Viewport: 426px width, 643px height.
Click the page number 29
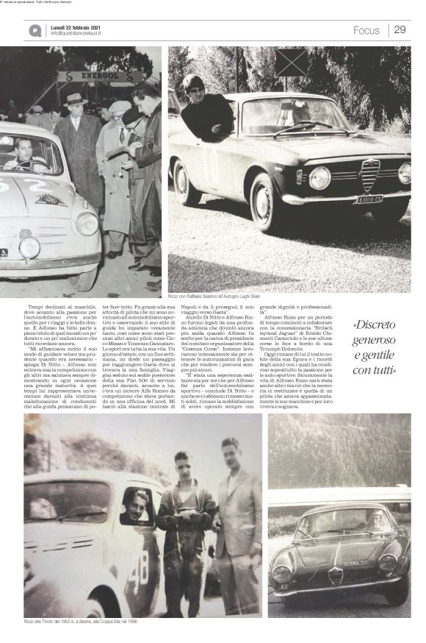pyautogui.click(x=400, y=29)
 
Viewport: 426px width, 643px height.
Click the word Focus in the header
pyautogui.click(x=366, y=30)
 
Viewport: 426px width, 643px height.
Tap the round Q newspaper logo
pyautogui.click(x=35, y=30)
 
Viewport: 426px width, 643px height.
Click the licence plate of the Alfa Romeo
pyautogui.click(x=369, y=199)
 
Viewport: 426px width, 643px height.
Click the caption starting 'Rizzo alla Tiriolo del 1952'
pyautogui.click(x=81, y=621)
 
